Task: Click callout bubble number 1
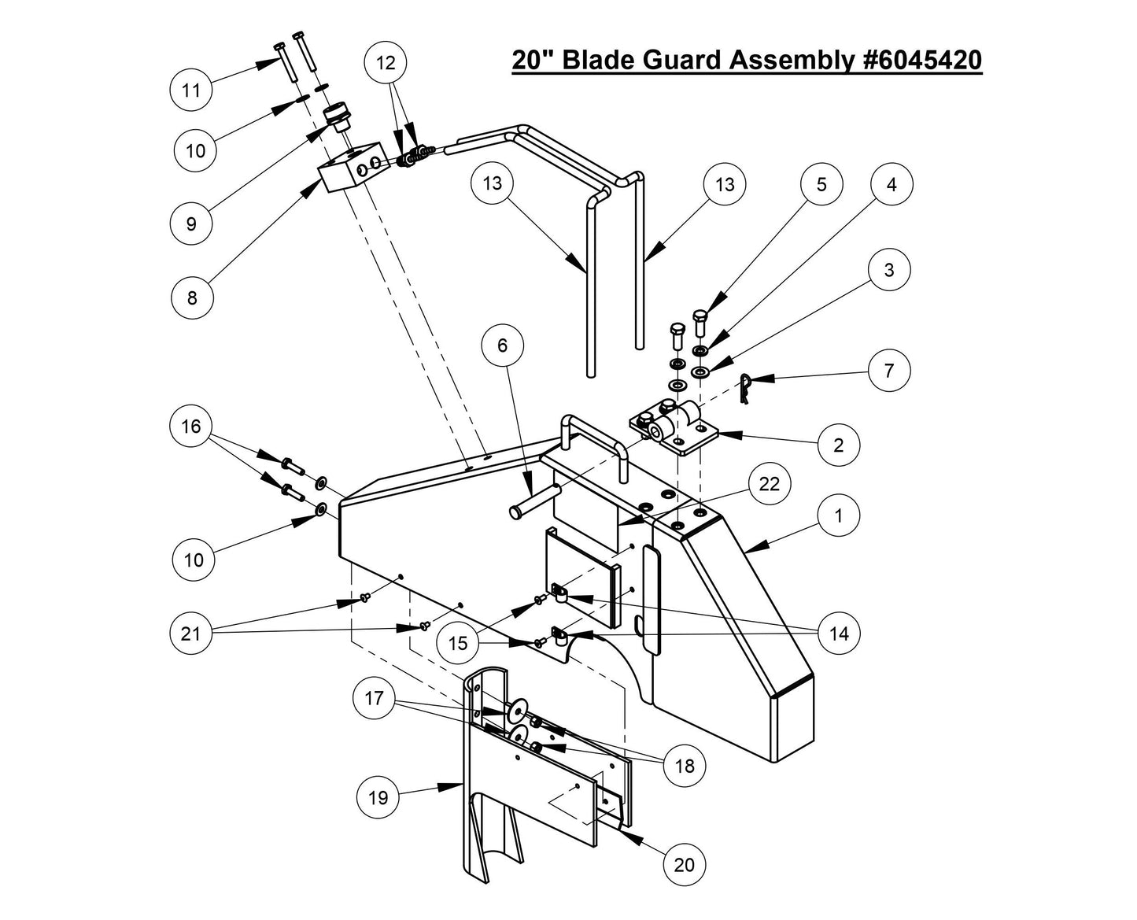pos(839,515)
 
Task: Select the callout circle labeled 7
pos(889,370)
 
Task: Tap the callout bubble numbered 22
pos(769,484)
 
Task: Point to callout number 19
pos(378,797)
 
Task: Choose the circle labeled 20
pos(685,864)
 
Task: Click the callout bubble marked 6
pos(504,345)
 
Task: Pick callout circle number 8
pos(192,297)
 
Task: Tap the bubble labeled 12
pos(386,63)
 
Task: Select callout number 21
pos(191,633)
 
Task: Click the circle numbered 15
pos(458,642)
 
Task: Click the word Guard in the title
pos(681,60)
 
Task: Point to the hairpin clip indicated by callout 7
pos(747,390)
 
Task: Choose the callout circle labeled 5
pos(821,184)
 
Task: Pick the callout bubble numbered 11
pos(191,90)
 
